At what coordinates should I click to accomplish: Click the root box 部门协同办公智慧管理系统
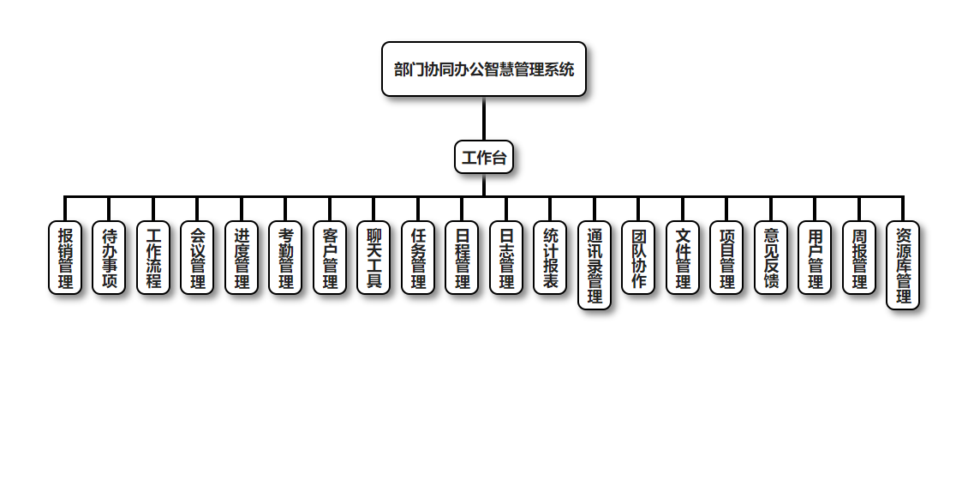[484, 69]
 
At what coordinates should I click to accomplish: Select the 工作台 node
[484, 157]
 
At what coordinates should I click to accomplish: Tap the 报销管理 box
[65, 258]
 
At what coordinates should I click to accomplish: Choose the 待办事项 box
[109, 258]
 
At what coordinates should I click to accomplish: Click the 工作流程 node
[153, 258]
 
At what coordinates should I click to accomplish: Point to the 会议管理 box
[197, 258]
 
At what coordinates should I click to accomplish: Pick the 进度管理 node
[242, 258]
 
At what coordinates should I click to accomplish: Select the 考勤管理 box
[285, 258]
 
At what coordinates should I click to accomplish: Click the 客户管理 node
[330, 258]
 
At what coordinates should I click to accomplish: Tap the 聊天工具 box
[373, 258]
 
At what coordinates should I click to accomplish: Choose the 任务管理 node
[418, 258]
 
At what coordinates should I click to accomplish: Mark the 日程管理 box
[462, 258]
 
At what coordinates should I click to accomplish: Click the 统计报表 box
[550, 258]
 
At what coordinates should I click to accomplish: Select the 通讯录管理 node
[595, 266]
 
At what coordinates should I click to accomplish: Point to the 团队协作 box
[638, 258]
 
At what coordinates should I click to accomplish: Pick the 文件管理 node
[683, 258]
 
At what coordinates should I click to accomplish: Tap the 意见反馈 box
[771, 258]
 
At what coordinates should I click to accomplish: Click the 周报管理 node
[859, 258]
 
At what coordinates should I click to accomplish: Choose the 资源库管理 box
[903, 266]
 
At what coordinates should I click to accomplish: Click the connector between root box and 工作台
[484, 118]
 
